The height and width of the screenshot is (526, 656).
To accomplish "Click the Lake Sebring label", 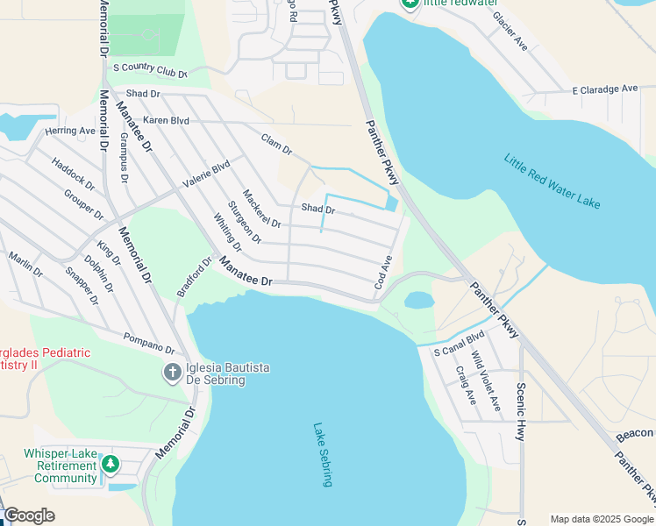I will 323,455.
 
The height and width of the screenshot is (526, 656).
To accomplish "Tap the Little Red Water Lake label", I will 552,181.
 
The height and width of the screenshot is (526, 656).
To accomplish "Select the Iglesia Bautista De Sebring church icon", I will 173,373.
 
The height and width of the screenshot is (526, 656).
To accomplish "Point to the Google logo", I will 29,515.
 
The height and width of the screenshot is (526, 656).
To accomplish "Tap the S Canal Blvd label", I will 459,345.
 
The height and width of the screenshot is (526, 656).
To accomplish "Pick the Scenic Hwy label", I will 521,402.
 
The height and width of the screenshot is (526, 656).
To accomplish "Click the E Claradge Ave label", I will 605,89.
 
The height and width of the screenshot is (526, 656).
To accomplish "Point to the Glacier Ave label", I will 510,31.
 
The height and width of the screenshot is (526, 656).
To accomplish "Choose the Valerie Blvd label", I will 205,174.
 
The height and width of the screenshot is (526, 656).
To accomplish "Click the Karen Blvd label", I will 167,119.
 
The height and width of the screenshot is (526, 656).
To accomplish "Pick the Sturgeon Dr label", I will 245,222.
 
